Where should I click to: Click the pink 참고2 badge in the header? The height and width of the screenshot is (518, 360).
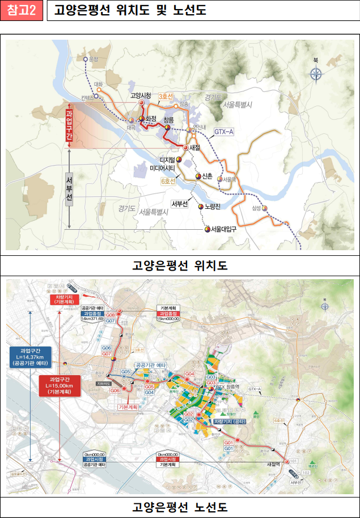pos(22,11)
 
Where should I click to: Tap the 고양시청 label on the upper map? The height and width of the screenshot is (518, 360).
pos(140,95)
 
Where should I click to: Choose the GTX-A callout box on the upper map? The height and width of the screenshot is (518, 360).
pos(223,132)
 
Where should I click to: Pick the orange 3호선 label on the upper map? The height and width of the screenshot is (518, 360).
pos(166,97)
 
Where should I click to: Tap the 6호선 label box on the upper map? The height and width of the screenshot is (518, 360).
pos(168,181)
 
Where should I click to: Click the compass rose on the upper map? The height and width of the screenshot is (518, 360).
pos(316,73)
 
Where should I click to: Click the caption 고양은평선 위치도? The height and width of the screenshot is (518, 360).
pos(180,265)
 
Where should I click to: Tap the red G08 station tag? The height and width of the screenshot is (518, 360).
pos(111,315)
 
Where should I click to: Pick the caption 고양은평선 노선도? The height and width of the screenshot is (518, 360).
pos(180,506)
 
